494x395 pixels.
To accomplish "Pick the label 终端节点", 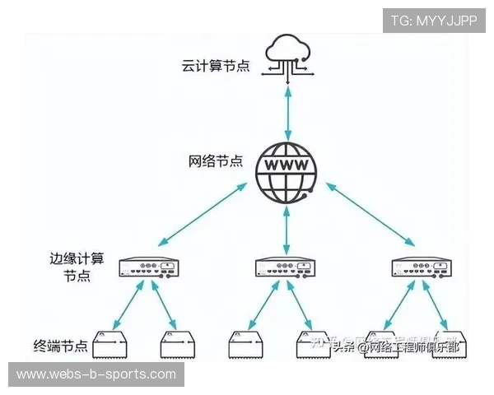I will (60, 346).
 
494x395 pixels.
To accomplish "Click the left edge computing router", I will (148, 267).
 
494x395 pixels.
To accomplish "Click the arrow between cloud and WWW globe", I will (287, 111).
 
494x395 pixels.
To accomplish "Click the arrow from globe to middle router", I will (286, 224).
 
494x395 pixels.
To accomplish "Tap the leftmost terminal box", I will (114, 346).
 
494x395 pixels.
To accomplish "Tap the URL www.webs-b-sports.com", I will (96, 374).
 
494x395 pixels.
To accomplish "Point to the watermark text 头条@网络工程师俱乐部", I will (396, 346).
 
